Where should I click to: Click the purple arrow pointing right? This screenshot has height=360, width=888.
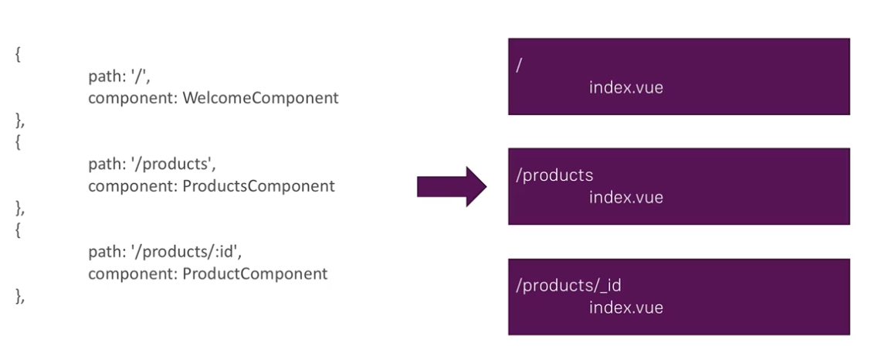coord(452,187)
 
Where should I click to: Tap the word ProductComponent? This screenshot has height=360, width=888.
coord(256,274)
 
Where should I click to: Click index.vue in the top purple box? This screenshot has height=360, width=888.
coord(625,88)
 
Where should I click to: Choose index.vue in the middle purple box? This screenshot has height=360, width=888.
coord(625,198)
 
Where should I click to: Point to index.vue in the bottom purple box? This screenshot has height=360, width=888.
coord(625,308)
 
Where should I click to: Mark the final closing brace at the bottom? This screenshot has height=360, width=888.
coord(19,296)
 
